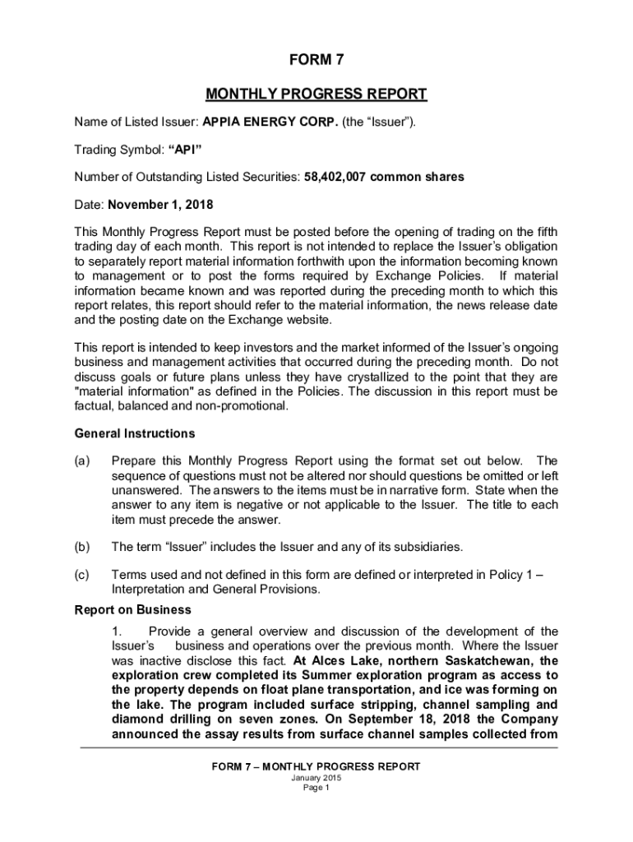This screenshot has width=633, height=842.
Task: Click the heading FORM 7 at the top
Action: tap(316, 60)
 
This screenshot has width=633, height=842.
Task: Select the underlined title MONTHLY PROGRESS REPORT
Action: tap(316, 94)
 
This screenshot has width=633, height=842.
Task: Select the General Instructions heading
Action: tap(135, 433)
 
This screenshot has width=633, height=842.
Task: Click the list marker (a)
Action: tap(82, 460)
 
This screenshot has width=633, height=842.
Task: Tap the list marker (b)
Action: tap(82, 547)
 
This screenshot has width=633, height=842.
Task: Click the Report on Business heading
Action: tap(133, 610)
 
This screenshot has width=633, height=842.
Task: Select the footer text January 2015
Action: tap(316, 778)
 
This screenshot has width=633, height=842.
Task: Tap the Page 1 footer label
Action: tap(316, 788)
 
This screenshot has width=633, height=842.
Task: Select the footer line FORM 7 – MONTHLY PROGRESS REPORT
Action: tap(316, 766)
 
